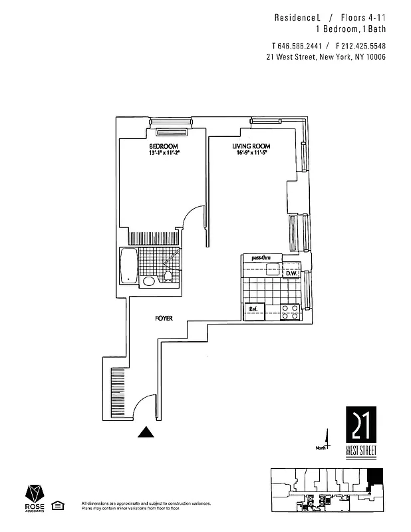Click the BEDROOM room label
[x=163, y=146]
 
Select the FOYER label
[x=164, y=319]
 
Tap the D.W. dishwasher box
[x=290, y=273]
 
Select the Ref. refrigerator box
[x=253, y=310]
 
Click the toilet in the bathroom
[x=169, y=277]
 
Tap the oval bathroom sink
[x=149, y=281]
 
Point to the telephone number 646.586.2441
[x=296, y=46]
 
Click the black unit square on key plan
[x=375, y=477]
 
